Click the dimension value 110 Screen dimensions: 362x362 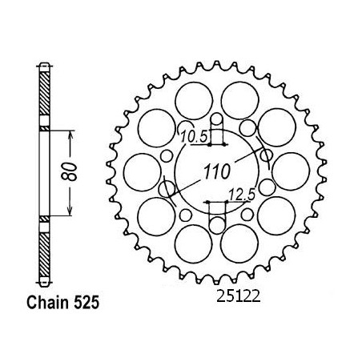pos(216,171)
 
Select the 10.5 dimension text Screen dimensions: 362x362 pos(194,137)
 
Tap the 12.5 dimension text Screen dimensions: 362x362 pos(243,195)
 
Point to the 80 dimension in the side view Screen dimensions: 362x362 pos(69,171)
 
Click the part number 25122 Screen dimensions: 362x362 pos(238,296)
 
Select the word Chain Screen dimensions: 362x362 pos(48,303)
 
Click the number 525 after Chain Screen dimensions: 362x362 pos(86,303)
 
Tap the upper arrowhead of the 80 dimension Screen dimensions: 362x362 pos(70,135)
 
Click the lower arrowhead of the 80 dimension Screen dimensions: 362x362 pos(70,211)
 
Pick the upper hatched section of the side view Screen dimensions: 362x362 pos(45,94)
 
